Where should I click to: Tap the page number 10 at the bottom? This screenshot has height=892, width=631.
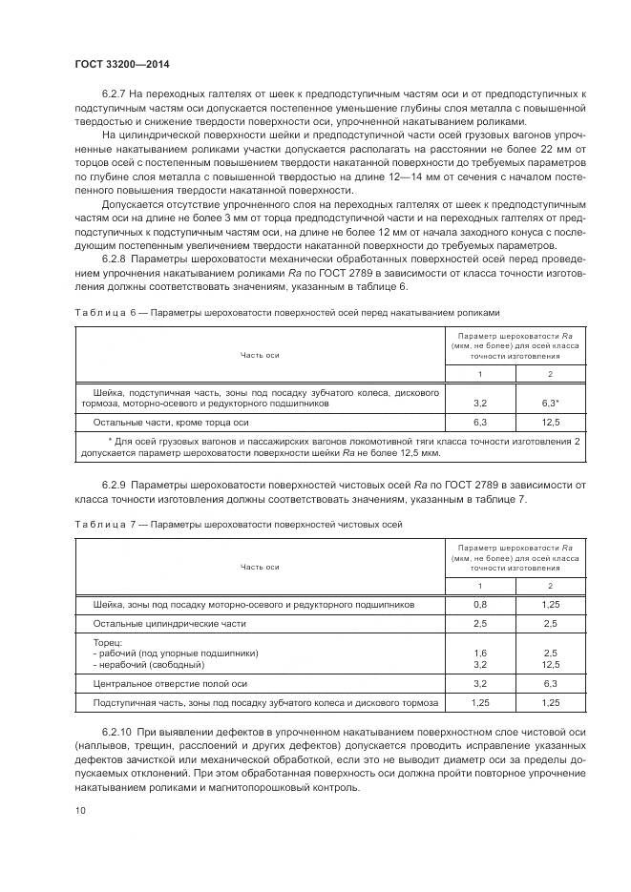pos(80,810)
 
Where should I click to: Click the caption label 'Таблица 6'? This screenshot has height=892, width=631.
pos(98,313)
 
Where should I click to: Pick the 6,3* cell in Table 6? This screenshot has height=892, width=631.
pos(550,404)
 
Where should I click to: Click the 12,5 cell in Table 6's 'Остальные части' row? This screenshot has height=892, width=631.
pos(550,421)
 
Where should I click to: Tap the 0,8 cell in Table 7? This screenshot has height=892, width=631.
pos(480,605)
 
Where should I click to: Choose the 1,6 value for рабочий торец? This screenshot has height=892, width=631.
pos(480,653)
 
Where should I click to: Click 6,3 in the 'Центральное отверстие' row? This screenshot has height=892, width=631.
pos(550,684)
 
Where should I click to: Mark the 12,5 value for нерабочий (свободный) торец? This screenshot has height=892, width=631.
pos(550,664)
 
